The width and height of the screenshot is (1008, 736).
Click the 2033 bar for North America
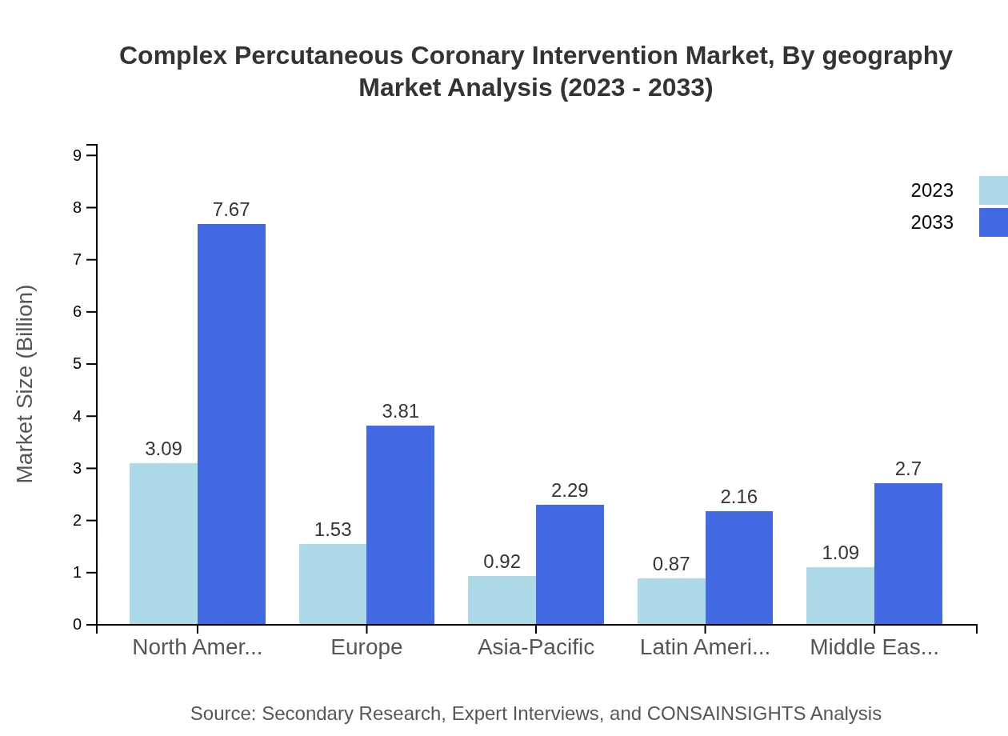[x=231, y=424]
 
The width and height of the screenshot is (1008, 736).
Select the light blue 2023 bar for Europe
[x=333, y=584]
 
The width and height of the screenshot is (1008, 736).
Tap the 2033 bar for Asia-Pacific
[x=570, y=564]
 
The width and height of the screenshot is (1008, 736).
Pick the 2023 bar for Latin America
[x=671, y=601]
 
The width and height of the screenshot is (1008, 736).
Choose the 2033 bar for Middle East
[x=908, y=554]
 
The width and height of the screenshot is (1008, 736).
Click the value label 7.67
[x=231, y=210]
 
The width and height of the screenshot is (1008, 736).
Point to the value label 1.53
[x=333, y=530]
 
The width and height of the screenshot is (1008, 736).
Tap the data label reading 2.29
[x=570, y=490]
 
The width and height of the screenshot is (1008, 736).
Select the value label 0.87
[x=671, y=564]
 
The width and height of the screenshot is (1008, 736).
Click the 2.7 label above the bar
[x=908, y=469]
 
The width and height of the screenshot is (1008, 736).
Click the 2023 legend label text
[x=932, y=190]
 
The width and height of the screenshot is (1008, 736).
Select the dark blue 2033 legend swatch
[x=993, y=222]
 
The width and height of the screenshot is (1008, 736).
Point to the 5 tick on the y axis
[x=78, y=364]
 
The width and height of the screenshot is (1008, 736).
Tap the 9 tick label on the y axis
[x=78, y=155]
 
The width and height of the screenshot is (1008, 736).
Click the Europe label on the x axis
[x=366, y=647]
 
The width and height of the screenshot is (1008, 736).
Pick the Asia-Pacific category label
[x=535, y=647]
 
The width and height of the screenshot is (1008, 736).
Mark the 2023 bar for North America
[x=163, y=544]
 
